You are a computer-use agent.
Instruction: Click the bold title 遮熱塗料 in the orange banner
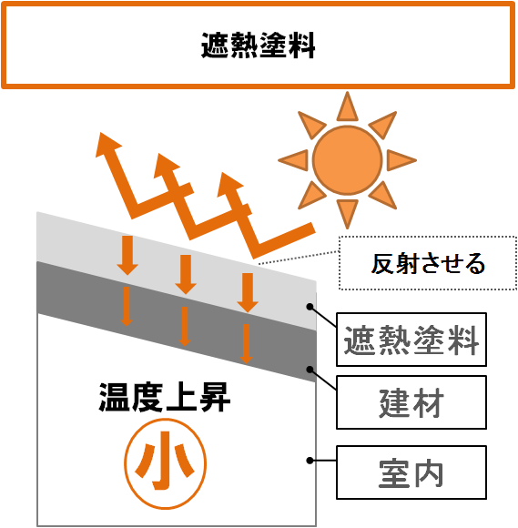coord(259,46)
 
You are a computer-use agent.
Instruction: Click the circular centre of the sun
coord(347,160)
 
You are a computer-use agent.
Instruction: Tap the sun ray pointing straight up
coord(347,107)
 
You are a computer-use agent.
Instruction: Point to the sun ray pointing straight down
coord(347,214)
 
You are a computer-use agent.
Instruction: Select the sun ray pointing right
coord(401,160)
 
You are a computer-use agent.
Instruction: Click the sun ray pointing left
coord(293,160)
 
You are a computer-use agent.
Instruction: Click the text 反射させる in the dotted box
coord(428,263)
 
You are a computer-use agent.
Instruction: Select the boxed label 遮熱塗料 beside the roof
coord(411,340)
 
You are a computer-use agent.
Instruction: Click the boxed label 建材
coord(411,402)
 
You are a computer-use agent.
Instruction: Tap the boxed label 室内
coord(411,472)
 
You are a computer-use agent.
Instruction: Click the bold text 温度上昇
coord(165,398)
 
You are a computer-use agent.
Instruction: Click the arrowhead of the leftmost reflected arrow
coord(107,145)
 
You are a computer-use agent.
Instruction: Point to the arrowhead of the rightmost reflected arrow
coord(229,185)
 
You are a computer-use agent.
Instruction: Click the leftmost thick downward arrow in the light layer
coord(127,255)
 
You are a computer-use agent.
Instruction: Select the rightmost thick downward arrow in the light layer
coord(248,292)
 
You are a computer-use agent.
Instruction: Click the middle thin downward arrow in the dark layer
coord(185,326)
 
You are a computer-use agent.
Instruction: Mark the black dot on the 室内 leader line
coord(310,461)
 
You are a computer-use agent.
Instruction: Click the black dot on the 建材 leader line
coord(310,370)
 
